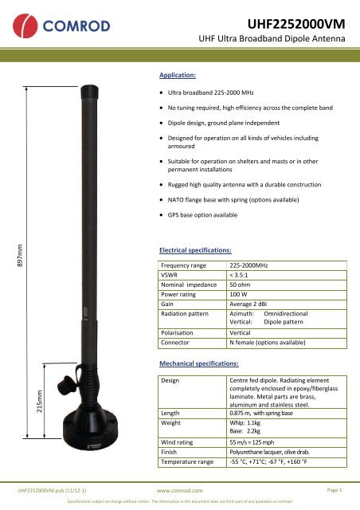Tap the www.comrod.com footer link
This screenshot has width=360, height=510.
click(x=180, y=492)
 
